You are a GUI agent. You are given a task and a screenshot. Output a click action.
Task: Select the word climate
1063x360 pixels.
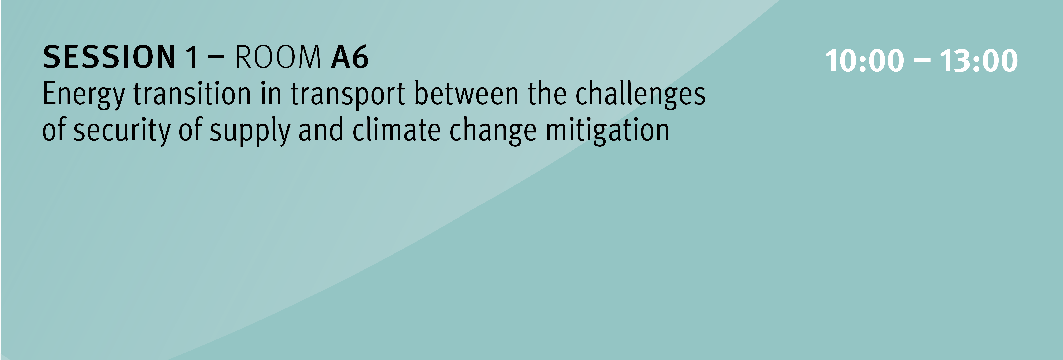tap(396, 130)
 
